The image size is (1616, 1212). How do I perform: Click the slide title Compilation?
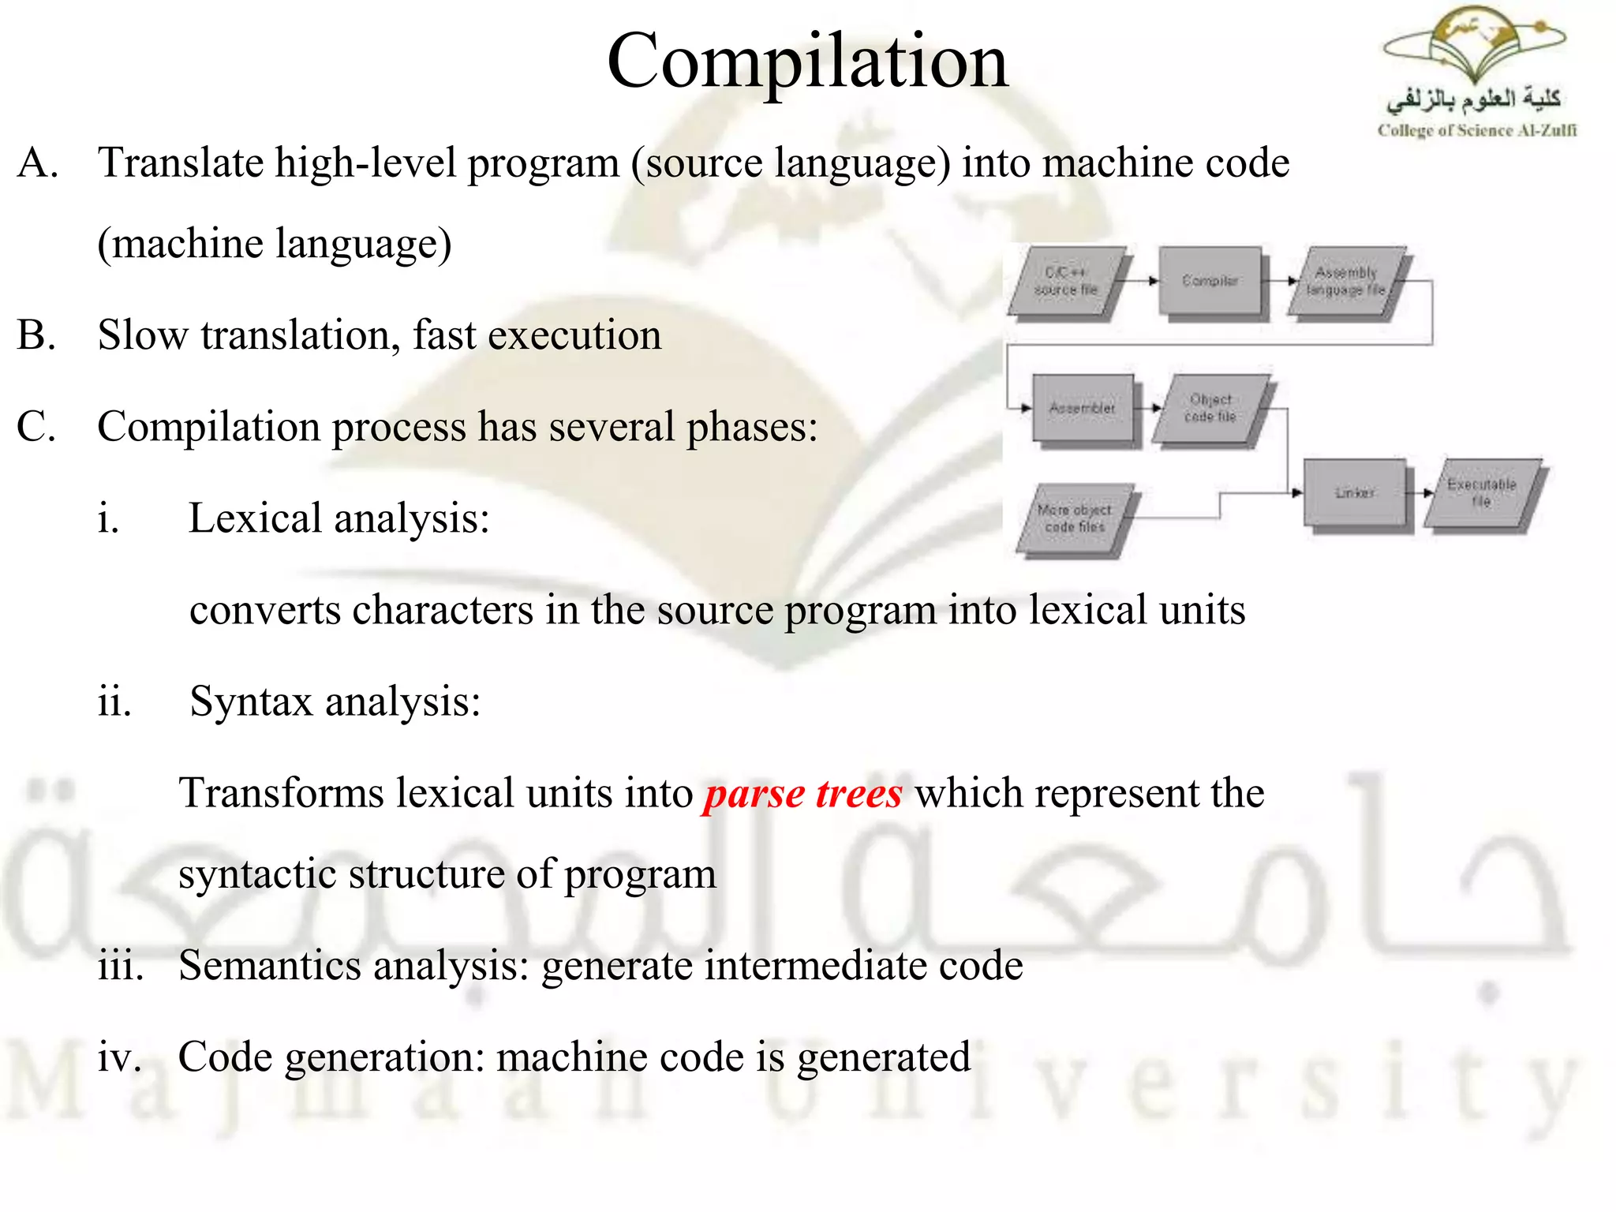pyautogui.click(x=807, y=62)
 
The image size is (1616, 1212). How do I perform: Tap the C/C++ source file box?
pyautogui.click(x=1067, y=281)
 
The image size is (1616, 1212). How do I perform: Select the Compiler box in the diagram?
pyautogui.click(x=1210, y=281)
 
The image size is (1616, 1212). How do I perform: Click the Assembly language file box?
pyautogui.click(x=1346, y=281)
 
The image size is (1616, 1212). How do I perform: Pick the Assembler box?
pyautogui.click(x=1083, y=408)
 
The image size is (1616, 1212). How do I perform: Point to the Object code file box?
pyautogui.click(x=1210, y=408)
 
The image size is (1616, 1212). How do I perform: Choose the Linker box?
pyautogui.click(x=1354, y=492)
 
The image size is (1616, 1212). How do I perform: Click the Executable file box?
pyautogui.click(x=1482, y=492)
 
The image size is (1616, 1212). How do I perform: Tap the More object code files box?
pyautogui.click(x=1075, y=518)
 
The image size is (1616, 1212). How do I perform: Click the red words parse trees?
pyautogui.click(x=802, y=793)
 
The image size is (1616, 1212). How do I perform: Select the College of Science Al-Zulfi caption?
pyautogui.click(x=1476, y=130)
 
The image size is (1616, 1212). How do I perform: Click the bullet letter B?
pyautogui.click(x=36, y=335)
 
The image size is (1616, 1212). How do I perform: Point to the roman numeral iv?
pyautogui.click(x=119, y=1057)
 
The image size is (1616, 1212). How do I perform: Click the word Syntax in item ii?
pyautogui.click(x=251, y=701)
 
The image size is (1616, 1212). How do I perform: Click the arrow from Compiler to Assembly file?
pyautogui.click(x=1280, y=281)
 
